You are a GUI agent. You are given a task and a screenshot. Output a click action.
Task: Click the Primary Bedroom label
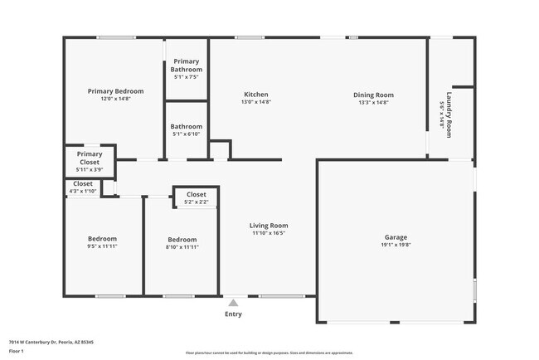pyautogui.click(x=115, y=91)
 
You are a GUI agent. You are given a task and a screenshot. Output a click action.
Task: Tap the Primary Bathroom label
pyautogui.click(x=187, y=66)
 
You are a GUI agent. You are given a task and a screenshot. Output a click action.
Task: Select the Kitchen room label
pyautogui.click(x=255, y=95)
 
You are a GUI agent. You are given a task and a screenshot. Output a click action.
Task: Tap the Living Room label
pyautogui.click(x=269, y=226)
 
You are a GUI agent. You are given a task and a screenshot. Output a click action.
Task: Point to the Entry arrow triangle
pyautogui.click(x=234, y=303)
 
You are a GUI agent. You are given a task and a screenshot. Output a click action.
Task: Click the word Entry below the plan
pyautogui.click(x=234, y=314)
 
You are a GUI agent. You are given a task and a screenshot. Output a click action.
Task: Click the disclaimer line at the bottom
pyautogui.click(x=269, y=352)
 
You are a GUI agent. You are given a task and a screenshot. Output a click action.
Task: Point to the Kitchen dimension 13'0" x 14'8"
pyautogui.click(x=255, y=102)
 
